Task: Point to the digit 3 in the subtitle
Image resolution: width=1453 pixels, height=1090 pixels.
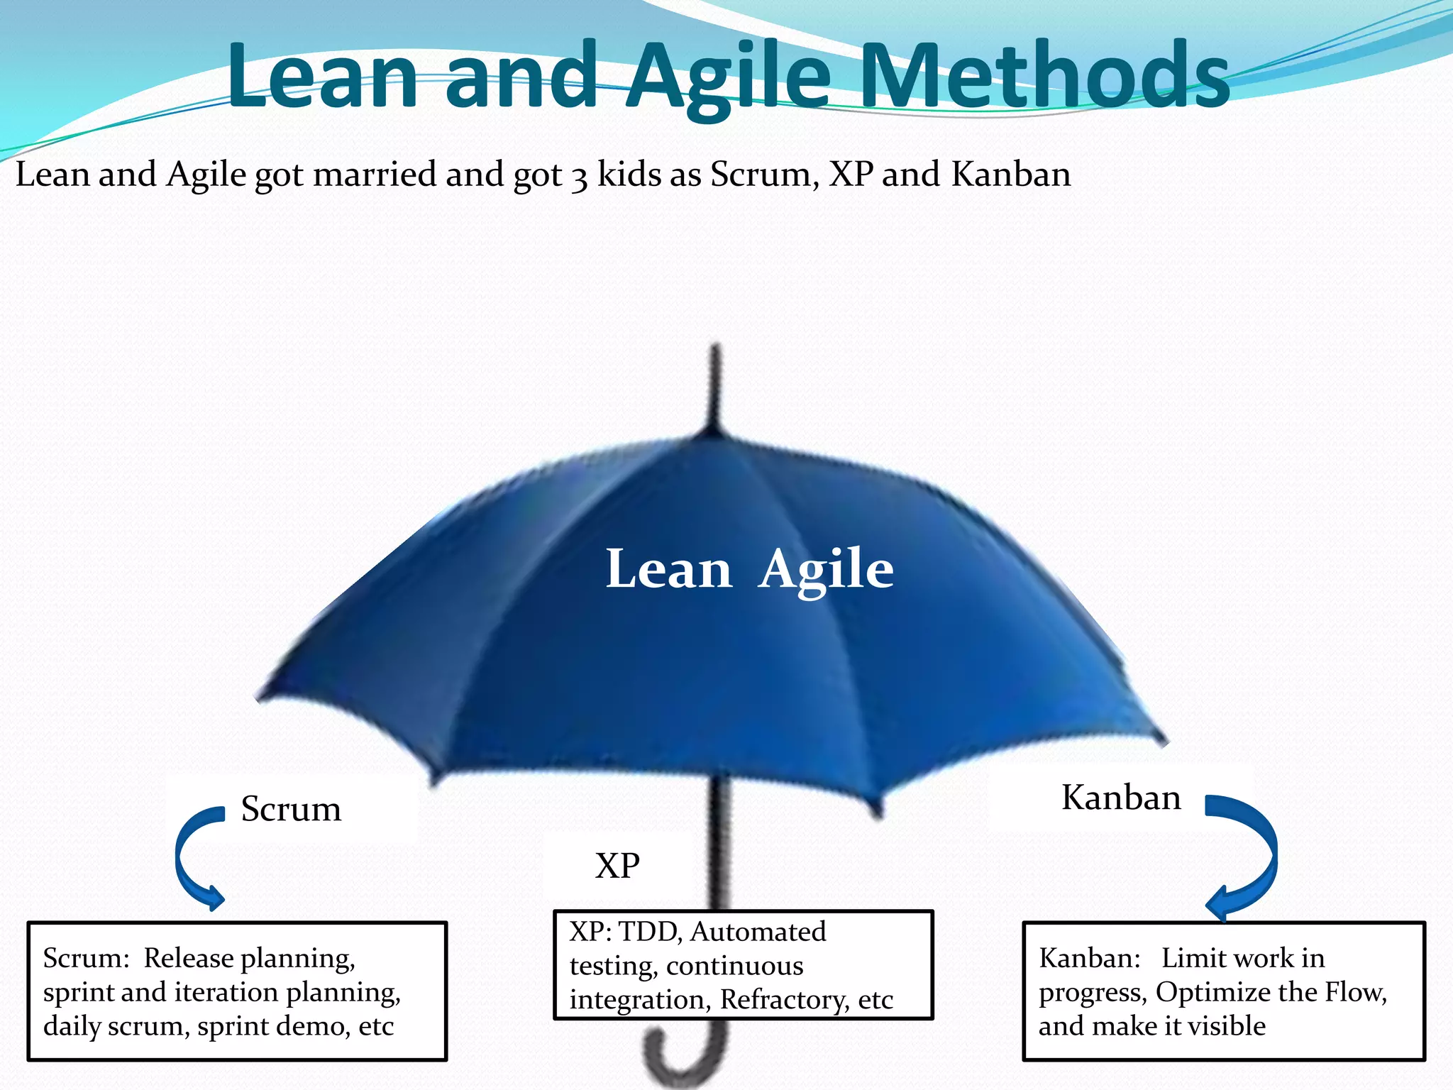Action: click(x=580, y=177)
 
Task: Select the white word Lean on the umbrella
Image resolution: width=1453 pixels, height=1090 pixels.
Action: click(x=668, y=570)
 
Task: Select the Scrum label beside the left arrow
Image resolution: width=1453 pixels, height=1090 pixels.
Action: click(x=291, y=809)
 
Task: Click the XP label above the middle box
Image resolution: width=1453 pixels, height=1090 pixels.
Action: click(x=617, y=866)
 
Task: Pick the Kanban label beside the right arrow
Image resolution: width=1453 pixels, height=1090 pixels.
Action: click(x=1121, y=798)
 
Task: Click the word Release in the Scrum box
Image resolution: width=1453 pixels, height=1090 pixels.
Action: click(x=188, y=958)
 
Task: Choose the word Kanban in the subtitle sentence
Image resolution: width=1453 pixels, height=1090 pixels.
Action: click(x=1010, y=174)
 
